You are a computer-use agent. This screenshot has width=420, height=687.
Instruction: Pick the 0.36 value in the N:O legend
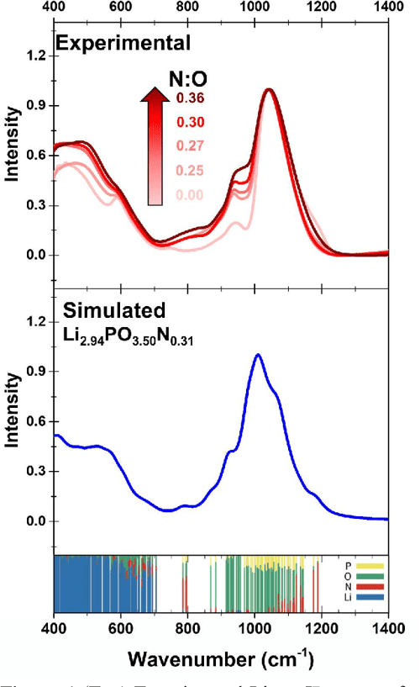(x=190, y=99)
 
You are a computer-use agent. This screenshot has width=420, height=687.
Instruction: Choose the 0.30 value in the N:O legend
(x=190, y=124)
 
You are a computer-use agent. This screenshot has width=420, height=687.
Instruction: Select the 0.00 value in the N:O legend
(x=190, y=196)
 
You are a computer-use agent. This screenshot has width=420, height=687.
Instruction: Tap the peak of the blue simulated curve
(x=257, y=355)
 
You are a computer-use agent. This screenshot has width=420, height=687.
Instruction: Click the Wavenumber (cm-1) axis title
(x=221, y=657)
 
